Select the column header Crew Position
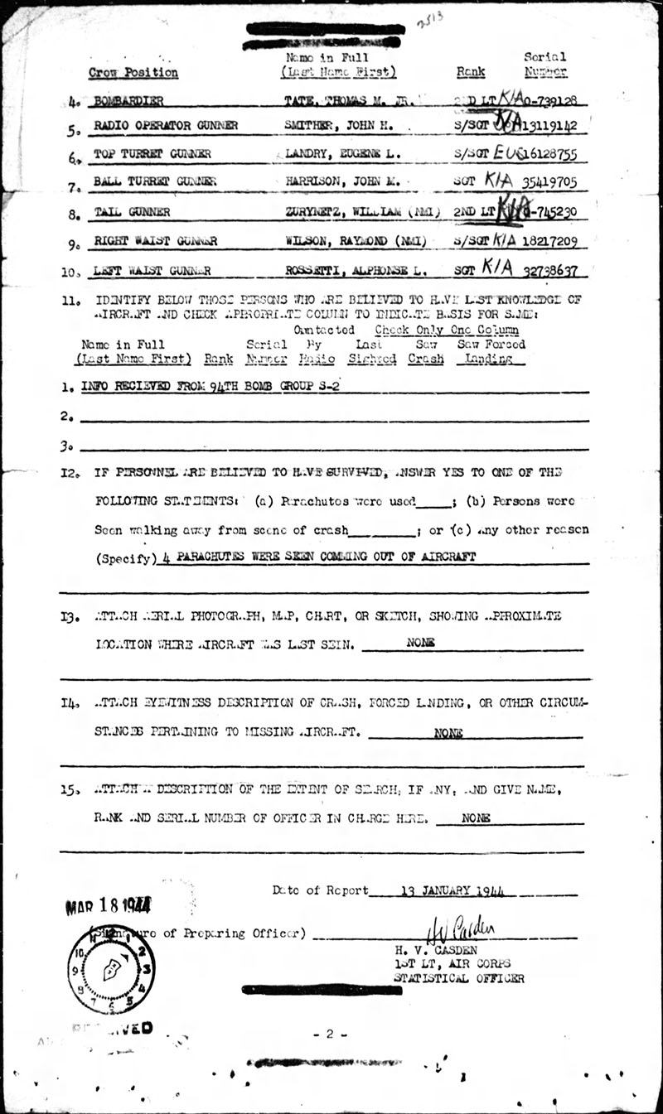pyautogui.click(x=133, y=73)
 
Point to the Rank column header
pyautogui.click(x=471, y=72)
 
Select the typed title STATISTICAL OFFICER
pyautogui.click(x=459, y=978)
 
